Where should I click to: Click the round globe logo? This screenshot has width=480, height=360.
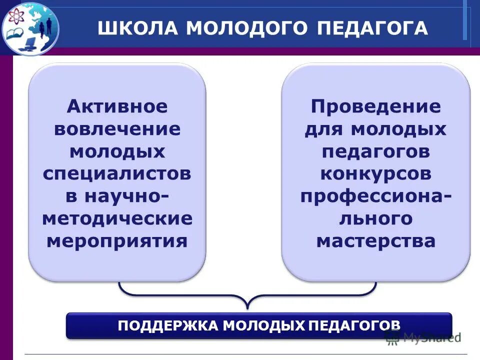(30, 27)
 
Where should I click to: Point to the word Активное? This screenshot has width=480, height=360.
(117, 106)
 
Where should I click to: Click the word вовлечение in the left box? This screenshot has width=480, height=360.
(117, 129)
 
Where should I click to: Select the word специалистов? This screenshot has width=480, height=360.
(117, 174)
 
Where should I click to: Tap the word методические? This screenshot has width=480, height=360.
(117, 218)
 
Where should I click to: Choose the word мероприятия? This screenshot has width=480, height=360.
(117, 241)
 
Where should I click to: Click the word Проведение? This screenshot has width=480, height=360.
(376, 106)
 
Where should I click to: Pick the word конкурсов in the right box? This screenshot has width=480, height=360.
(376, 174)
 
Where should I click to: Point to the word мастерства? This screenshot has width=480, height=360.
(376, 241)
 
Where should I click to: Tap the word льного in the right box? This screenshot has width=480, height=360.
(376, 218)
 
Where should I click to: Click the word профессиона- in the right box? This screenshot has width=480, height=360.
(376, 196)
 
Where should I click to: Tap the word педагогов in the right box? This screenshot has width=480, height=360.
(376, 151)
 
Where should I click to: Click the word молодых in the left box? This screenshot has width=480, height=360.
(117, 151)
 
